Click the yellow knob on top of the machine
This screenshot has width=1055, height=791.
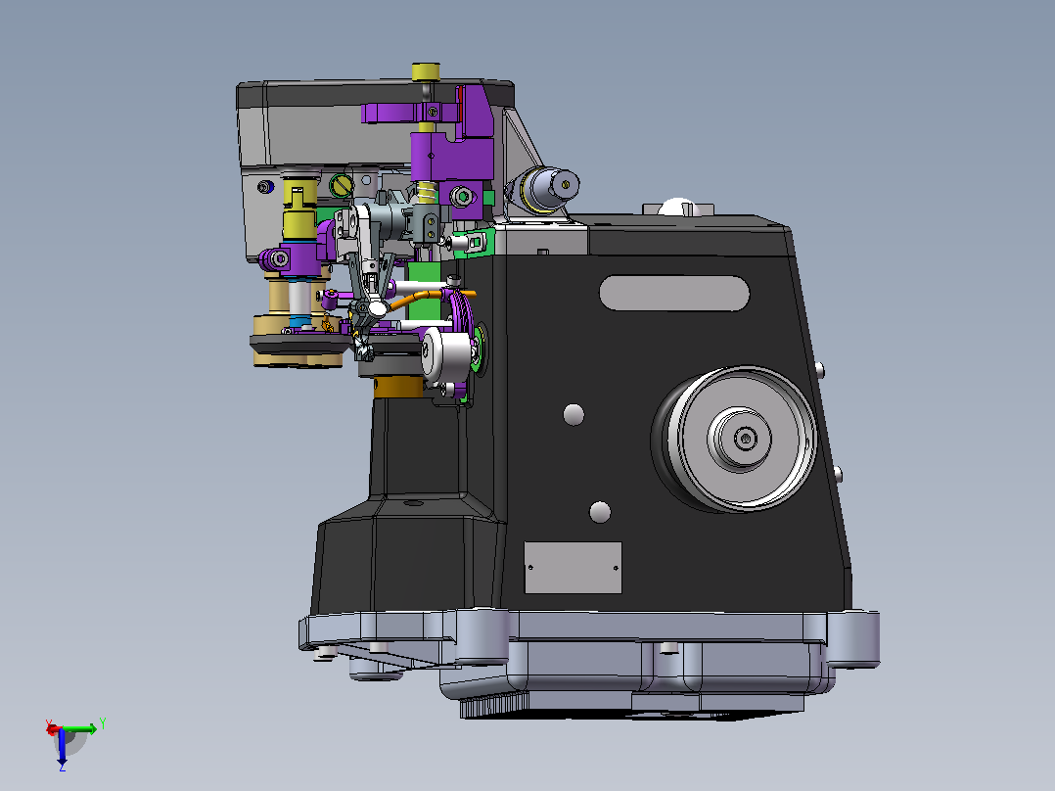(x=426, y=71)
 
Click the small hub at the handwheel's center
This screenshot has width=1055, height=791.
(x=744, y=439)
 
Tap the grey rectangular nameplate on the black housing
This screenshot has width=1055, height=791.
(x=573, y=568)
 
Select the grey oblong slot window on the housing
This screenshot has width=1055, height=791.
(x=674, y=293)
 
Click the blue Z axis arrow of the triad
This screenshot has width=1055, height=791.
(x=62, y=748)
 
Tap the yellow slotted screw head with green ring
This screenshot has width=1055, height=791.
(x=342, y=185)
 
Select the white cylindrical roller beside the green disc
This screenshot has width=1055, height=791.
(x=445, y=354)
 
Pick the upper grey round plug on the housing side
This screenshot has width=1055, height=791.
(x=573, y=415)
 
